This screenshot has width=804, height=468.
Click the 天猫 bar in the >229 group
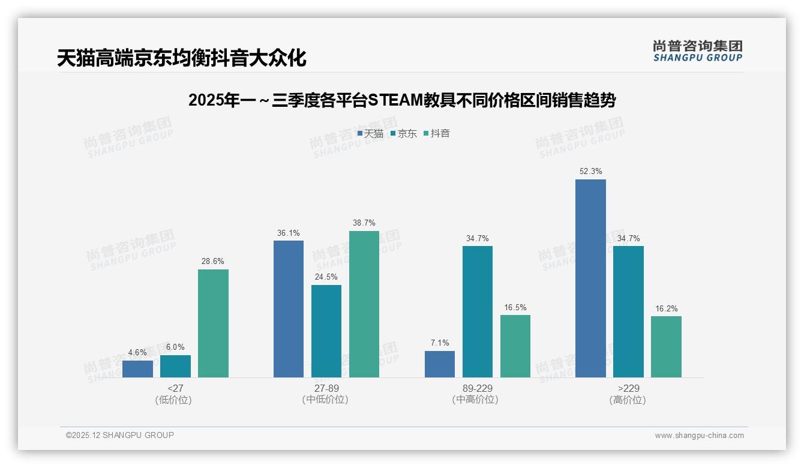(590, 278)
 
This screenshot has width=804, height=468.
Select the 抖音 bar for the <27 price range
(213, 323)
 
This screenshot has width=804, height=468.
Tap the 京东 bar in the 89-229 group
(477, 311)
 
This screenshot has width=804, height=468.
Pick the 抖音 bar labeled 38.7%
(364, 304)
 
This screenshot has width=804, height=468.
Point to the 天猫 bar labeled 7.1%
(439, 364)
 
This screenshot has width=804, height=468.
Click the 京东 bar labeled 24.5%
(326, 331)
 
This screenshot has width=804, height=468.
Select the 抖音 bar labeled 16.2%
(666, 347)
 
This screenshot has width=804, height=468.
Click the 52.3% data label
(590, 172)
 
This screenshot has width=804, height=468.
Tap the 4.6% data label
(137, 353)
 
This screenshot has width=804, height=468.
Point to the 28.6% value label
(213, 262)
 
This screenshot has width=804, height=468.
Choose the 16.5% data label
(515, 308)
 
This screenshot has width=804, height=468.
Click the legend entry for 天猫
(370, 134)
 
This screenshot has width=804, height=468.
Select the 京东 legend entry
(404, 134)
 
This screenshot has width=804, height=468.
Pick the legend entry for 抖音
(437, 134)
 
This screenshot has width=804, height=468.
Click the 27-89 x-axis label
(326, 388)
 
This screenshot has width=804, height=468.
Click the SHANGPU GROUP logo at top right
(698, 50)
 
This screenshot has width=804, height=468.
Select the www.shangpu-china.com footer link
(699, 436)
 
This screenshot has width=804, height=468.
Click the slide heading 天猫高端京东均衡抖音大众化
(182, 58)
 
